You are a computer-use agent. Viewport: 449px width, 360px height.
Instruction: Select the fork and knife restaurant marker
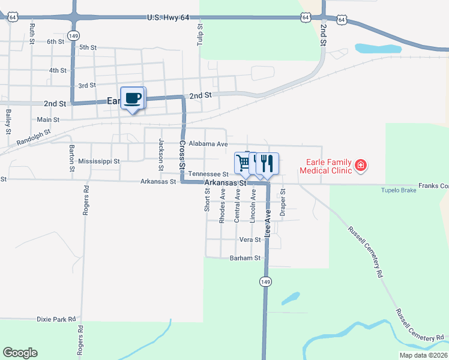267,163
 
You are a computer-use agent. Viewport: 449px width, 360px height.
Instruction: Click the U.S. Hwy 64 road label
168,19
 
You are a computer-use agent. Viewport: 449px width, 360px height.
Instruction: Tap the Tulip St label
200,35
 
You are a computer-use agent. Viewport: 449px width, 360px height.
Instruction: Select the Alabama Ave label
208,144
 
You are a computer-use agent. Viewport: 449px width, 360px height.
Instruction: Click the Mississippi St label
99,161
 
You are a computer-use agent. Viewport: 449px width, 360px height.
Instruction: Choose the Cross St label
182,154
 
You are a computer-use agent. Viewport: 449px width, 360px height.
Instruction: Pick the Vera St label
250,239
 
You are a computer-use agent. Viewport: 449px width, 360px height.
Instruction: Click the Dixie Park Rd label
56,319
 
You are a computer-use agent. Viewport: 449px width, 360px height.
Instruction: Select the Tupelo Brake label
398,191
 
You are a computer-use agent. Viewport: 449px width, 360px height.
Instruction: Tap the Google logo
20,353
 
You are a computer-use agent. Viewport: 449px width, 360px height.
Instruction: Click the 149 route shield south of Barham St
264,280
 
